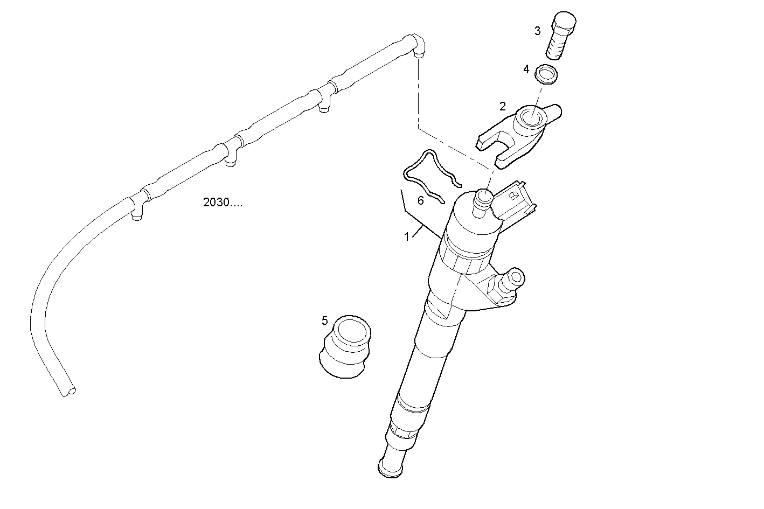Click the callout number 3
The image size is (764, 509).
(537, 31)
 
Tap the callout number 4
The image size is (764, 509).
(526, 69)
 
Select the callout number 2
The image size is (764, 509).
(503, 106)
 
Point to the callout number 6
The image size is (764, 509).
(421, 200)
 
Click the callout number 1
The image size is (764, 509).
(407, 236)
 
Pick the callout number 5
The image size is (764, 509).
(324, 320)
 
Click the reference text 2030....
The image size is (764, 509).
(223, 203)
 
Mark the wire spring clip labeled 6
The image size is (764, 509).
(431, 172)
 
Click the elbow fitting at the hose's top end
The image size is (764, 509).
(418, 44)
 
